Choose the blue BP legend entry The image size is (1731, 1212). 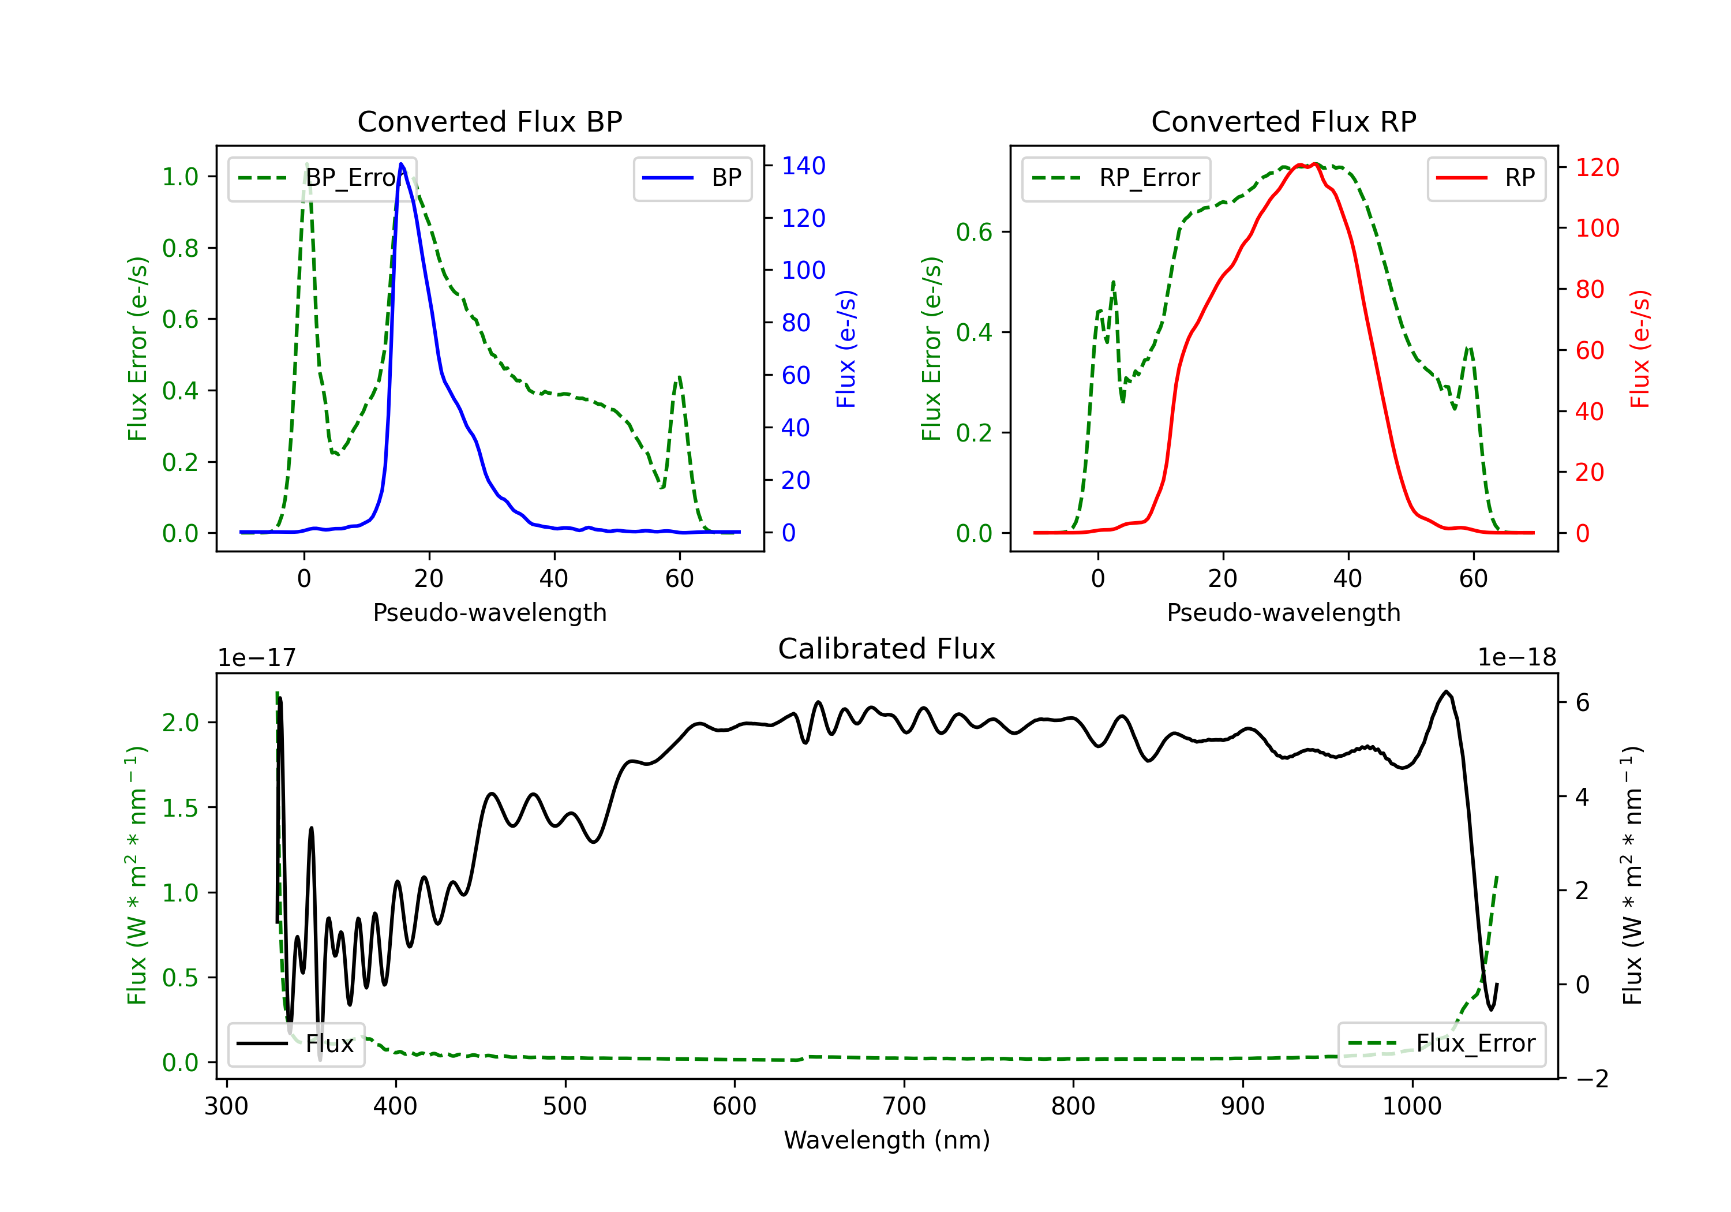pyautogui.click(x=692, y=179)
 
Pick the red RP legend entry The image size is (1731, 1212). pyautogui.click(x=1486, y=179)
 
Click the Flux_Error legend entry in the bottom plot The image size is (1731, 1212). pyautogui.click(x=1441, y=1044)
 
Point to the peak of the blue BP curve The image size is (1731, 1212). pyautogui.click(x=401, y=164)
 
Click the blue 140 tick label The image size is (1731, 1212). pyautogui.click(x=803, y=166)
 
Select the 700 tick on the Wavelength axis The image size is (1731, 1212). pyautogui.click(x=904, y=1106)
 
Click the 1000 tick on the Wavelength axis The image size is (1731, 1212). pyautogui.click(x=1411, y=1106)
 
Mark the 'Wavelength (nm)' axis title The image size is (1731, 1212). pyautogui.click(x=887, y=1140)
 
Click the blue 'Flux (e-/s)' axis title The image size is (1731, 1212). pyautogui.click(x=846, y=349)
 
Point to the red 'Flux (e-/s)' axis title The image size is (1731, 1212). pyautogui.click(x=1640, y=349)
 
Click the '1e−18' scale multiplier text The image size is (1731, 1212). pyautogui.click(x=1516, y=658)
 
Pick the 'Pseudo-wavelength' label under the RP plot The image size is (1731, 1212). pyautogui.click(x=1283, y=613)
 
